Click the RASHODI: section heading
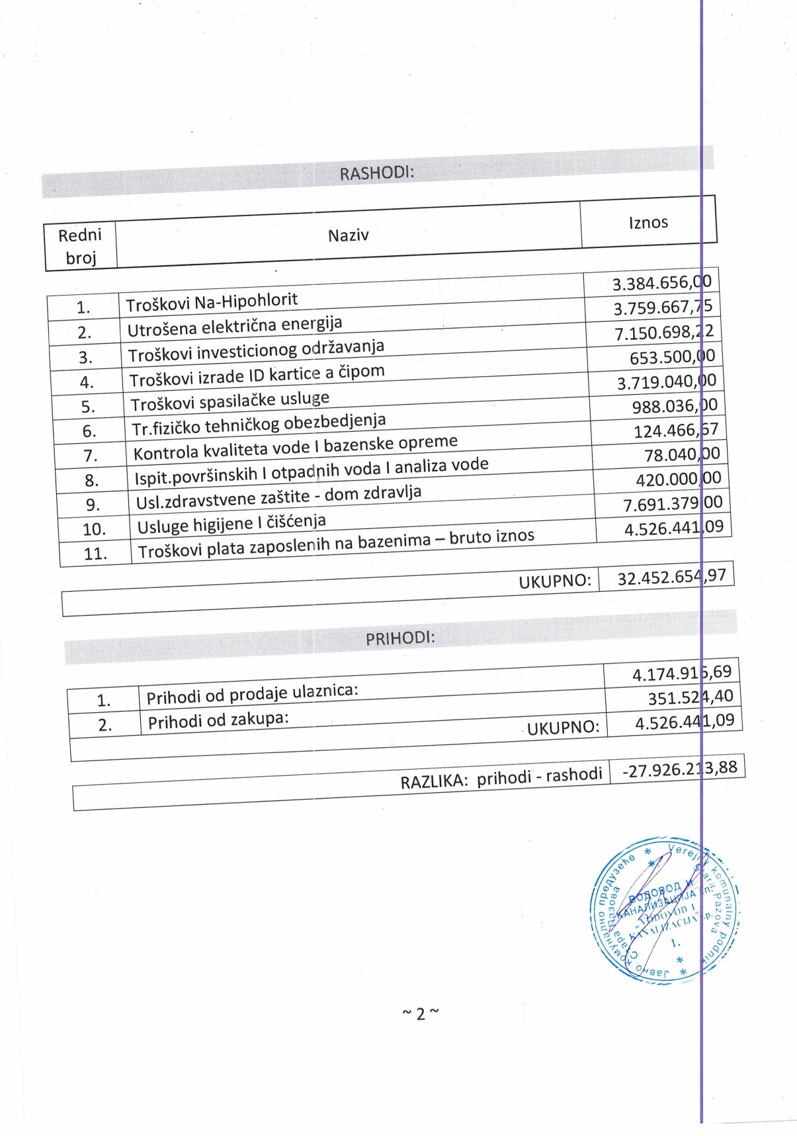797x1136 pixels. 376,173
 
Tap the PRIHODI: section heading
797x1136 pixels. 400,638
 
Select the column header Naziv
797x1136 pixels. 348,235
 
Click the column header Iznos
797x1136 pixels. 648,222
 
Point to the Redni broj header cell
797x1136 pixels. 80,245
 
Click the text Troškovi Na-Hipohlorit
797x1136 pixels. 212,302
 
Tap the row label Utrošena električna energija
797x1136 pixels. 235,326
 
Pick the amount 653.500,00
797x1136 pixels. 672,357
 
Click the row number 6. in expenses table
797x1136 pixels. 89,431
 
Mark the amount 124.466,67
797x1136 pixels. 675,430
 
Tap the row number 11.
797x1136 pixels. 95,553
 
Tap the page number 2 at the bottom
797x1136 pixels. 420,1014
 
